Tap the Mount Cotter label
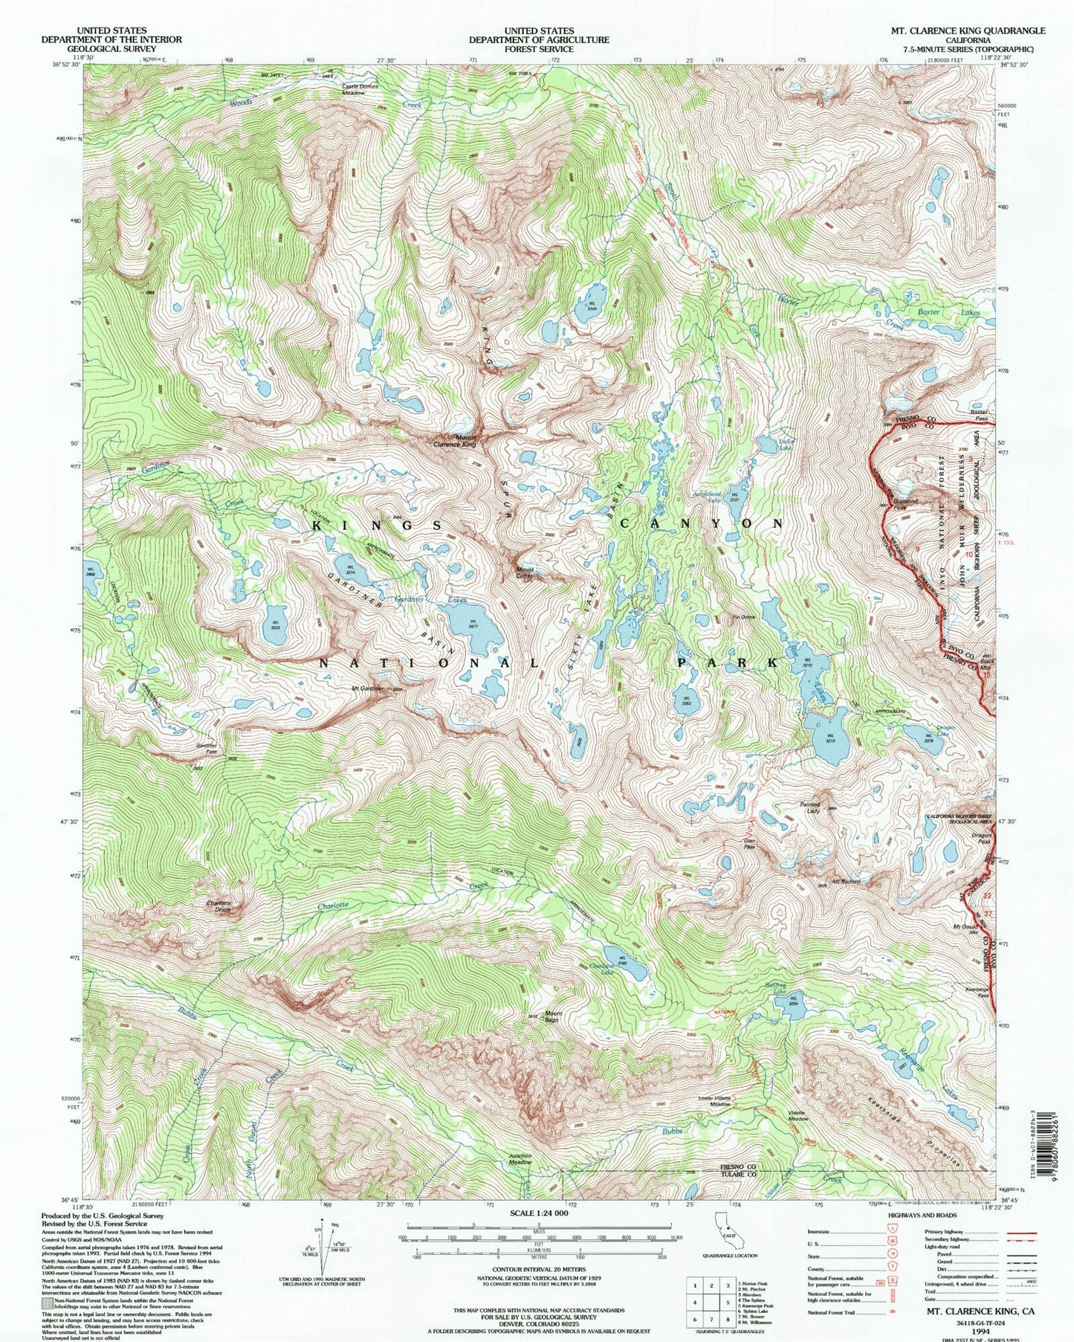[x=531, y=572]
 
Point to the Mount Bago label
[x=553, y=1016]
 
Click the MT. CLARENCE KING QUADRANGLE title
[x=968, y=30]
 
